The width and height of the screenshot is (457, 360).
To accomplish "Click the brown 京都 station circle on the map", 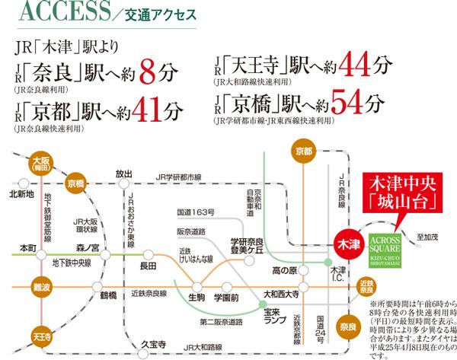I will click(303, 153).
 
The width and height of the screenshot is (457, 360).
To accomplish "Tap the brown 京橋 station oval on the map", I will click(76, 183).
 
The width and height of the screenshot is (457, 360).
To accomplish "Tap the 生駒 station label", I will click(196, 297).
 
